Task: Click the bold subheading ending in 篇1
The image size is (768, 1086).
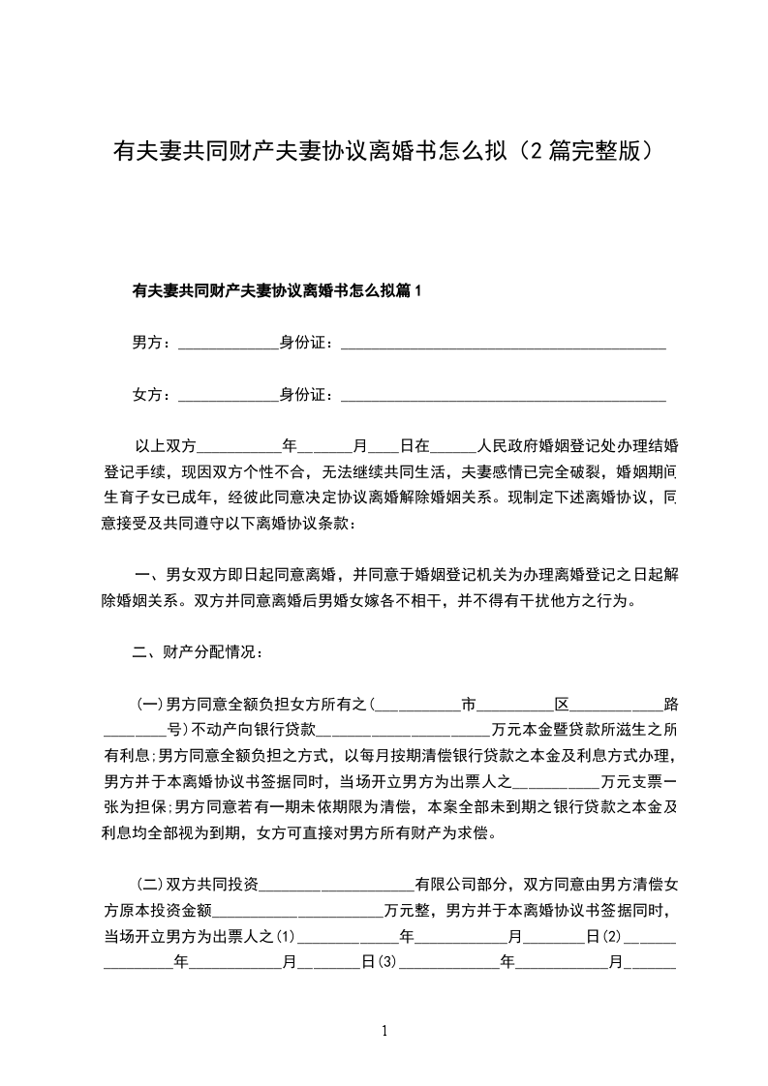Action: [277, 290]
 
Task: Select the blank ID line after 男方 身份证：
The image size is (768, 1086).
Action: [504, 344]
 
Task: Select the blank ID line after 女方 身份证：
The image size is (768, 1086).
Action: [504, 397]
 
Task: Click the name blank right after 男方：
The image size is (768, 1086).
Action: [230, 344]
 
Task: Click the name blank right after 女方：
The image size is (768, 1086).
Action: [230, 397]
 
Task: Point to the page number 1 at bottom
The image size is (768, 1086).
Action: [385, 1031]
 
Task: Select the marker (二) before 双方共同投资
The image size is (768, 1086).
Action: [151, 884]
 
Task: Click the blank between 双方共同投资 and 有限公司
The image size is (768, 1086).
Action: [338, 886]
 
